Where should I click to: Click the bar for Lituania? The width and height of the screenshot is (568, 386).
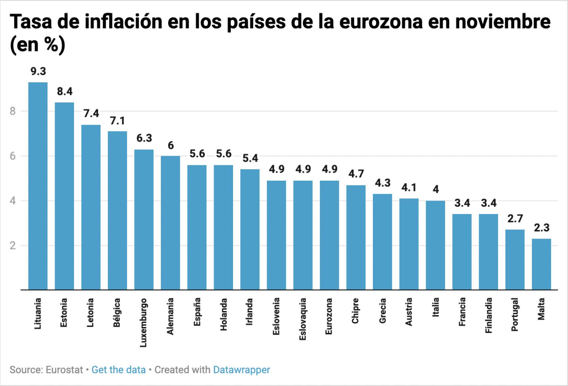coord(38,186)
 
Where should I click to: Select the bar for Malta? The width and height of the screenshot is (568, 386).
coord(541,264)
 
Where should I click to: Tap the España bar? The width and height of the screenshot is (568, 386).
coord(197,227)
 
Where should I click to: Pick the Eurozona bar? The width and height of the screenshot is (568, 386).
coord(329,235)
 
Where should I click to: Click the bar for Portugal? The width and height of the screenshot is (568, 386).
coord(515,260)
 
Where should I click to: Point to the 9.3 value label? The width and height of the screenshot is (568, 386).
coord(38,71)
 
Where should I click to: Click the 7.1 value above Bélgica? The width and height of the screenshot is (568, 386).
coord(117,121)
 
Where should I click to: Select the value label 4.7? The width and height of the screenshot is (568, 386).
coord(356,174)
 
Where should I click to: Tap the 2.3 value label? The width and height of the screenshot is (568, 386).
coord(541,228)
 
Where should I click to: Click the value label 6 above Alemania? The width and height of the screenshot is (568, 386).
coord(170,145)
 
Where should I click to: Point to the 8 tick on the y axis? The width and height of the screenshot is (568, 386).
coord(13,111)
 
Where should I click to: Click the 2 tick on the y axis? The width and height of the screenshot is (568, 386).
coord(13,246)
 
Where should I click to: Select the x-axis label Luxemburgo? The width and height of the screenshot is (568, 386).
coord(143,322)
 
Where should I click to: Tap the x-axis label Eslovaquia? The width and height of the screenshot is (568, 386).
coord(303,319)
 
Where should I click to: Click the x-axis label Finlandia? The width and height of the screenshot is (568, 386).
coord(488,315)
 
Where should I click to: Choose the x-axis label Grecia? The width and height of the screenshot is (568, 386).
coord(383,311)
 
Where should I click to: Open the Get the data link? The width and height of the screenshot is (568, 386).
coord(119,370)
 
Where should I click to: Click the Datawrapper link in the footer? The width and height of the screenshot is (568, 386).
coord(241,370)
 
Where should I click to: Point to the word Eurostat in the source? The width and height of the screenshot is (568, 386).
coord(64,370)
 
